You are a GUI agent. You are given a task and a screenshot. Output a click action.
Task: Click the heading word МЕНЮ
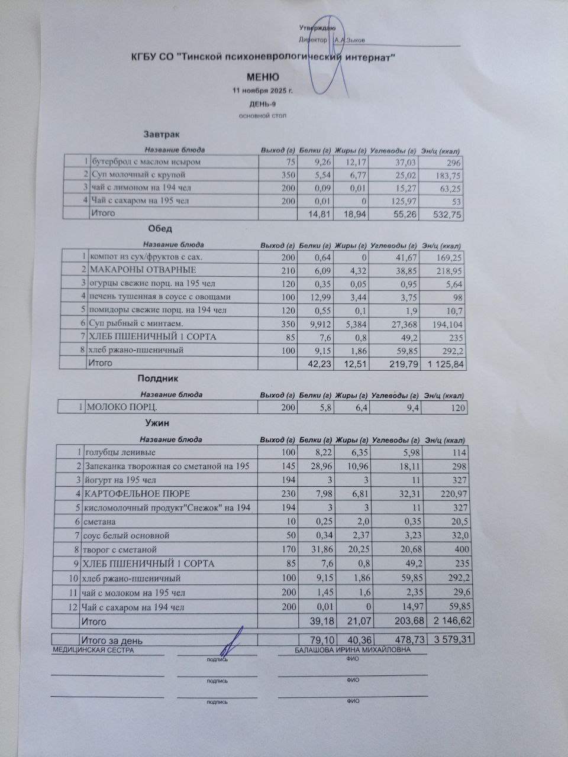[x=262, y=77]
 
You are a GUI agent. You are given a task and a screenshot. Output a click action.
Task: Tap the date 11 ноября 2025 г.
[x=263, y=91]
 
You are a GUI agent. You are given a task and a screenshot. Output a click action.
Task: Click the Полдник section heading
[x=157, y=378]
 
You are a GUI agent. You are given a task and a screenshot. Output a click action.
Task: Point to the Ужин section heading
[x=157, y=423]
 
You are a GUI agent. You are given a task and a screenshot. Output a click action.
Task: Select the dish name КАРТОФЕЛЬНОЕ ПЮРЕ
[x=137, y=493]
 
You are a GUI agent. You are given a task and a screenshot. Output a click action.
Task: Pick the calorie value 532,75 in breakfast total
[x=447, y=215]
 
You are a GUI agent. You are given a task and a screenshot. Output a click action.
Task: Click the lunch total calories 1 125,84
[x=443, y=364]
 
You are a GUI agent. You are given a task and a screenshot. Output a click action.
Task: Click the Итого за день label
[x=112, y=640]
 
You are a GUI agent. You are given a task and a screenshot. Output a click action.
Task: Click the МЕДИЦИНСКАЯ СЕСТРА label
[x=93, y=651]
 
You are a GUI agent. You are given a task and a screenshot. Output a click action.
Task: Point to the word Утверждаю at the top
[x=318, y=28]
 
